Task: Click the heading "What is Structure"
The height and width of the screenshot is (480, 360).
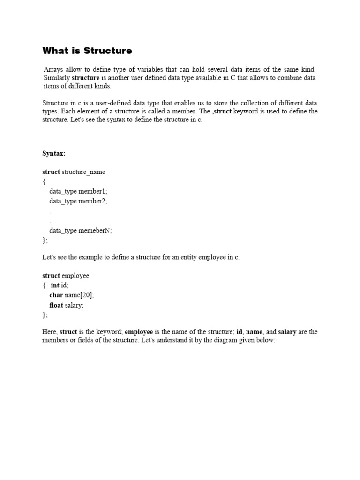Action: coord(87,51)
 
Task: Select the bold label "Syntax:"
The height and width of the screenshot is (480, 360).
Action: coord(54,153)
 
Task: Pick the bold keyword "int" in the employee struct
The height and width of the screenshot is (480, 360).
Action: coord(55,285)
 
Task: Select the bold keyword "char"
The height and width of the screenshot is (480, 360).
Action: coord(56,295)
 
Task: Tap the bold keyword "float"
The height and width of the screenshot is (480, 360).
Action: coord(56,305)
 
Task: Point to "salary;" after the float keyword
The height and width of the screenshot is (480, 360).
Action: coord(75,305)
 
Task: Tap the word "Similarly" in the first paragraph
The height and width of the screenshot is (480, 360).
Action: coord(57,78)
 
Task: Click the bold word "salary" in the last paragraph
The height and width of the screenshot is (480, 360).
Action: coord(287,332)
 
